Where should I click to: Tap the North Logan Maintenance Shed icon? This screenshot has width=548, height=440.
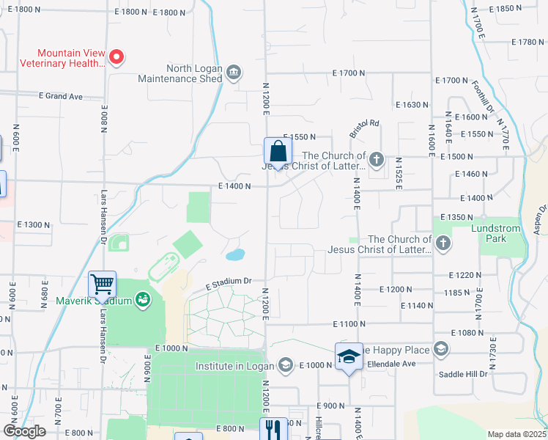click(234, 71)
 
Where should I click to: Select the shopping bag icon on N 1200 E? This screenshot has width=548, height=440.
click(278, 152)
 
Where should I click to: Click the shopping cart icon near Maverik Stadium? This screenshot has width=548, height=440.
click(103, 284)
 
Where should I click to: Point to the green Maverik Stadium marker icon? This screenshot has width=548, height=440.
click(143, 300)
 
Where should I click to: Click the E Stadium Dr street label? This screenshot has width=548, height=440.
click(228, 281)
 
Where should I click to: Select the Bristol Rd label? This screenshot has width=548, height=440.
click(364, 128)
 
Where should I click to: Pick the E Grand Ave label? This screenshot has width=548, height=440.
click(61, 96)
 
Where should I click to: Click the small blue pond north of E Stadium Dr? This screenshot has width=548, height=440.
click(235, 255)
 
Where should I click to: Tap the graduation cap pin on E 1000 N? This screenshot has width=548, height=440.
click(349, 356)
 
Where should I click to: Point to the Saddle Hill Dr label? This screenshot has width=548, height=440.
click(462, 375)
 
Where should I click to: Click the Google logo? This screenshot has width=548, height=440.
click(25, 431)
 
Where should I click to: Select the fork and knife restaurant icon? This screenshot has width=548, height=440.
click(274, 429)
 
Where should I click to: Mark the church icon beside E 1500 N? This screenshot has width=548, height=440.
click(376, 158)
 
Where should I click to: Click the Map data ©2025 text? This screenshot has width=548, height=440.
click(517, 434)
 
